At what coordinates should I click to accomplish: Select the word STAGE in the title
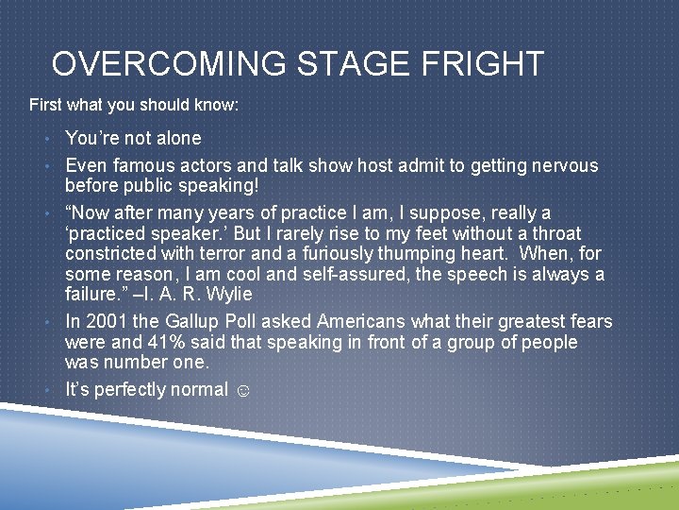[351, 64]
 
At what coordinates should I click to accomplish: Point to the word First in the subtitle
[45, 104]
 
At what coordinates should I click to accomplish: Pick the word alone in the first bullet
[176, 138]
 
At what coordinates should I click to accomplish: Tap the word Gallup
[196, 322]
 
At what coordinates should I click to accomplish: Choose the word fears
[588, 322]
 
